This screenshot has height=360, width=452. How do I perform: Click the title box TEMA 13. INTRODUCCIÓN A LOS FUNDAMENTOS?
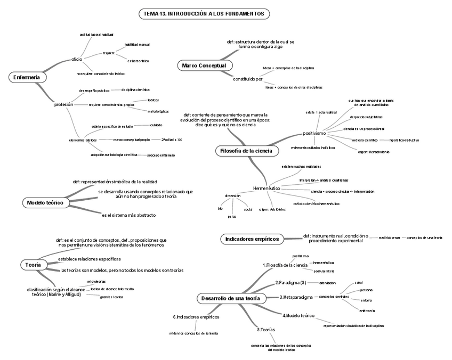click(204, 13)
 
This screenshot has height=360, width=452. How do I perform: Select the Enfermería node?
click(26, 78)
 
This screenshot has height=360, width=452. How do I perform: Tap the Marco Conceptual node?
click(204, 66)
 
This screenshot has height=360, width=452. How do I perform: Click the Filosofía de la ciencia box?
click(246, 151)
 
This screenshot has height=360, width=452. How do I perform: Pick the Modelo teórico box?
click(45, 203)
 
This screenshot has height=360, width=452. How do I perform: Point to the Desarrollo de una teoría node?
click(231, 299)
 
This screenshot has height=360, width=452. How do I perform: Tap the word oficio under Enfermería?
click(77, 59)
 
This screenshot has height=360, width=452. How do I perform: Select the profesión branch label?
click(64, 104)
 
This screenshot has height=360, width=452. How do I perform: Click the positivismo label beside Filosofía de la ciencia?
click(314, 133)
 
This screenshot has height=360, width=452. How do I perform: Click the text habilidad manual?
click(137, 45)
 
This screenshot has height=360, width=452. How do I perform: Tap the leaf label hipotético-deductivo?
click(404, 140)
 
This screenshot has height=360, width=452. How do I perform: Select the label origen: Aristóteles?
click(272, 209)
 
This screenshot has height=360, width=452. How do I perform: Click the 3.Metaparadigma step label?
click(296, 297)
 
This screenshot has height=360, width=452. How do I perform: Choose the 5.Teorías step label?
click(265, 330)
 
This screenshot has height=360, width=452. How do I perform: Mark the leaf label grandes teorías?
click(111, 297)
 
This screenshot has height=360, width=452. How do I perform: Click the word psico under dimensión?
click(232, 217)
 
